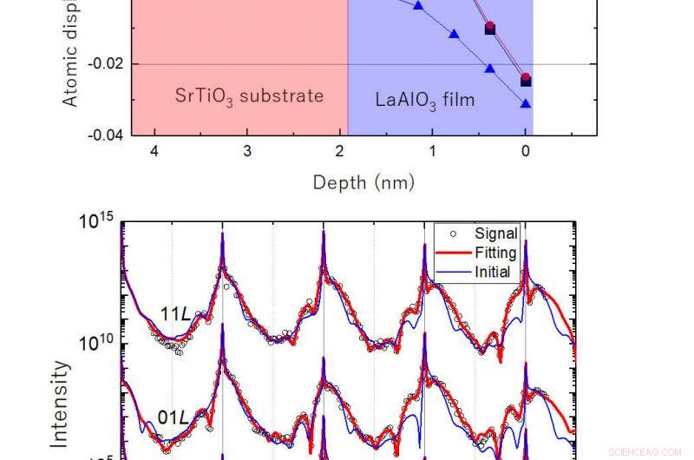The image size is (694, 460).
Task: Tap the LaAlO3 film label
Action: click(x=425, y=99)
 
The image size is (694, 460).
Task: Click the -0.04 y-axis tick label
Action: click(x=107, y=135)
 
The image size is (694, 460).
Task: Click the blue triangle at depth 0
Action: click(x=526, y=103)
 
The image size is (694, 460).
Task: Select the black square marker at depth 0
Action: click(x=526, y=82)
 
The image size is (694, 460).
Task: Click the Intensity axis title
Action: click(x=60, y=417)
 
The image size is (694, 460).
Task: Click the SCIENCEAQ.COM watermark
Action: click(x=647, y=452)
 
